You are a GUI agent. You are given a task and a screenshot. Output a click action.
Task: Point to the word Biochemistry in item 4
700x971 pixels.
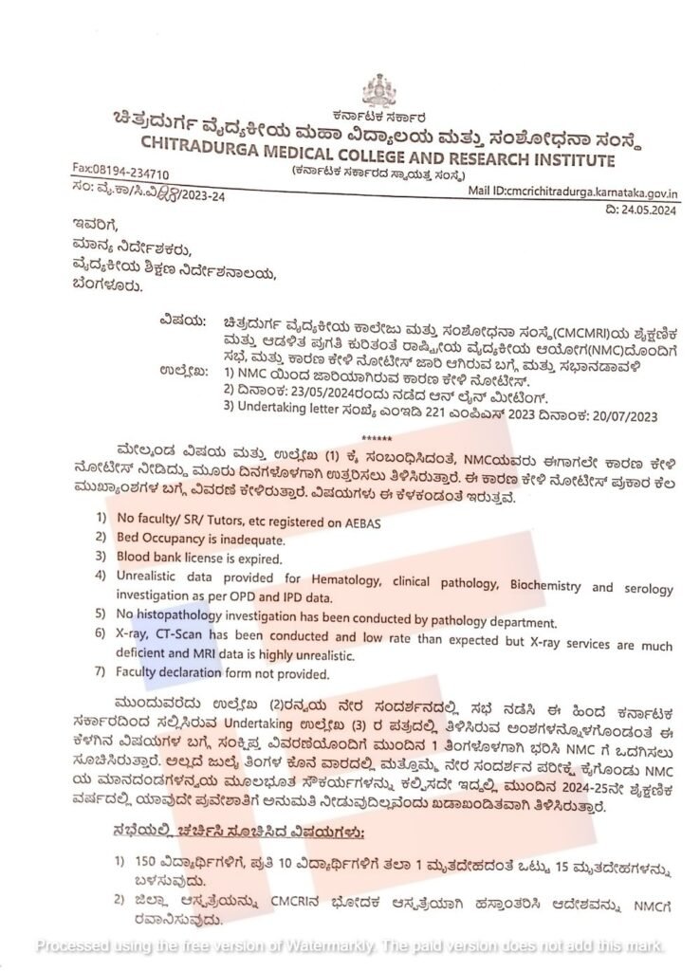[x=545, y=585]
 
